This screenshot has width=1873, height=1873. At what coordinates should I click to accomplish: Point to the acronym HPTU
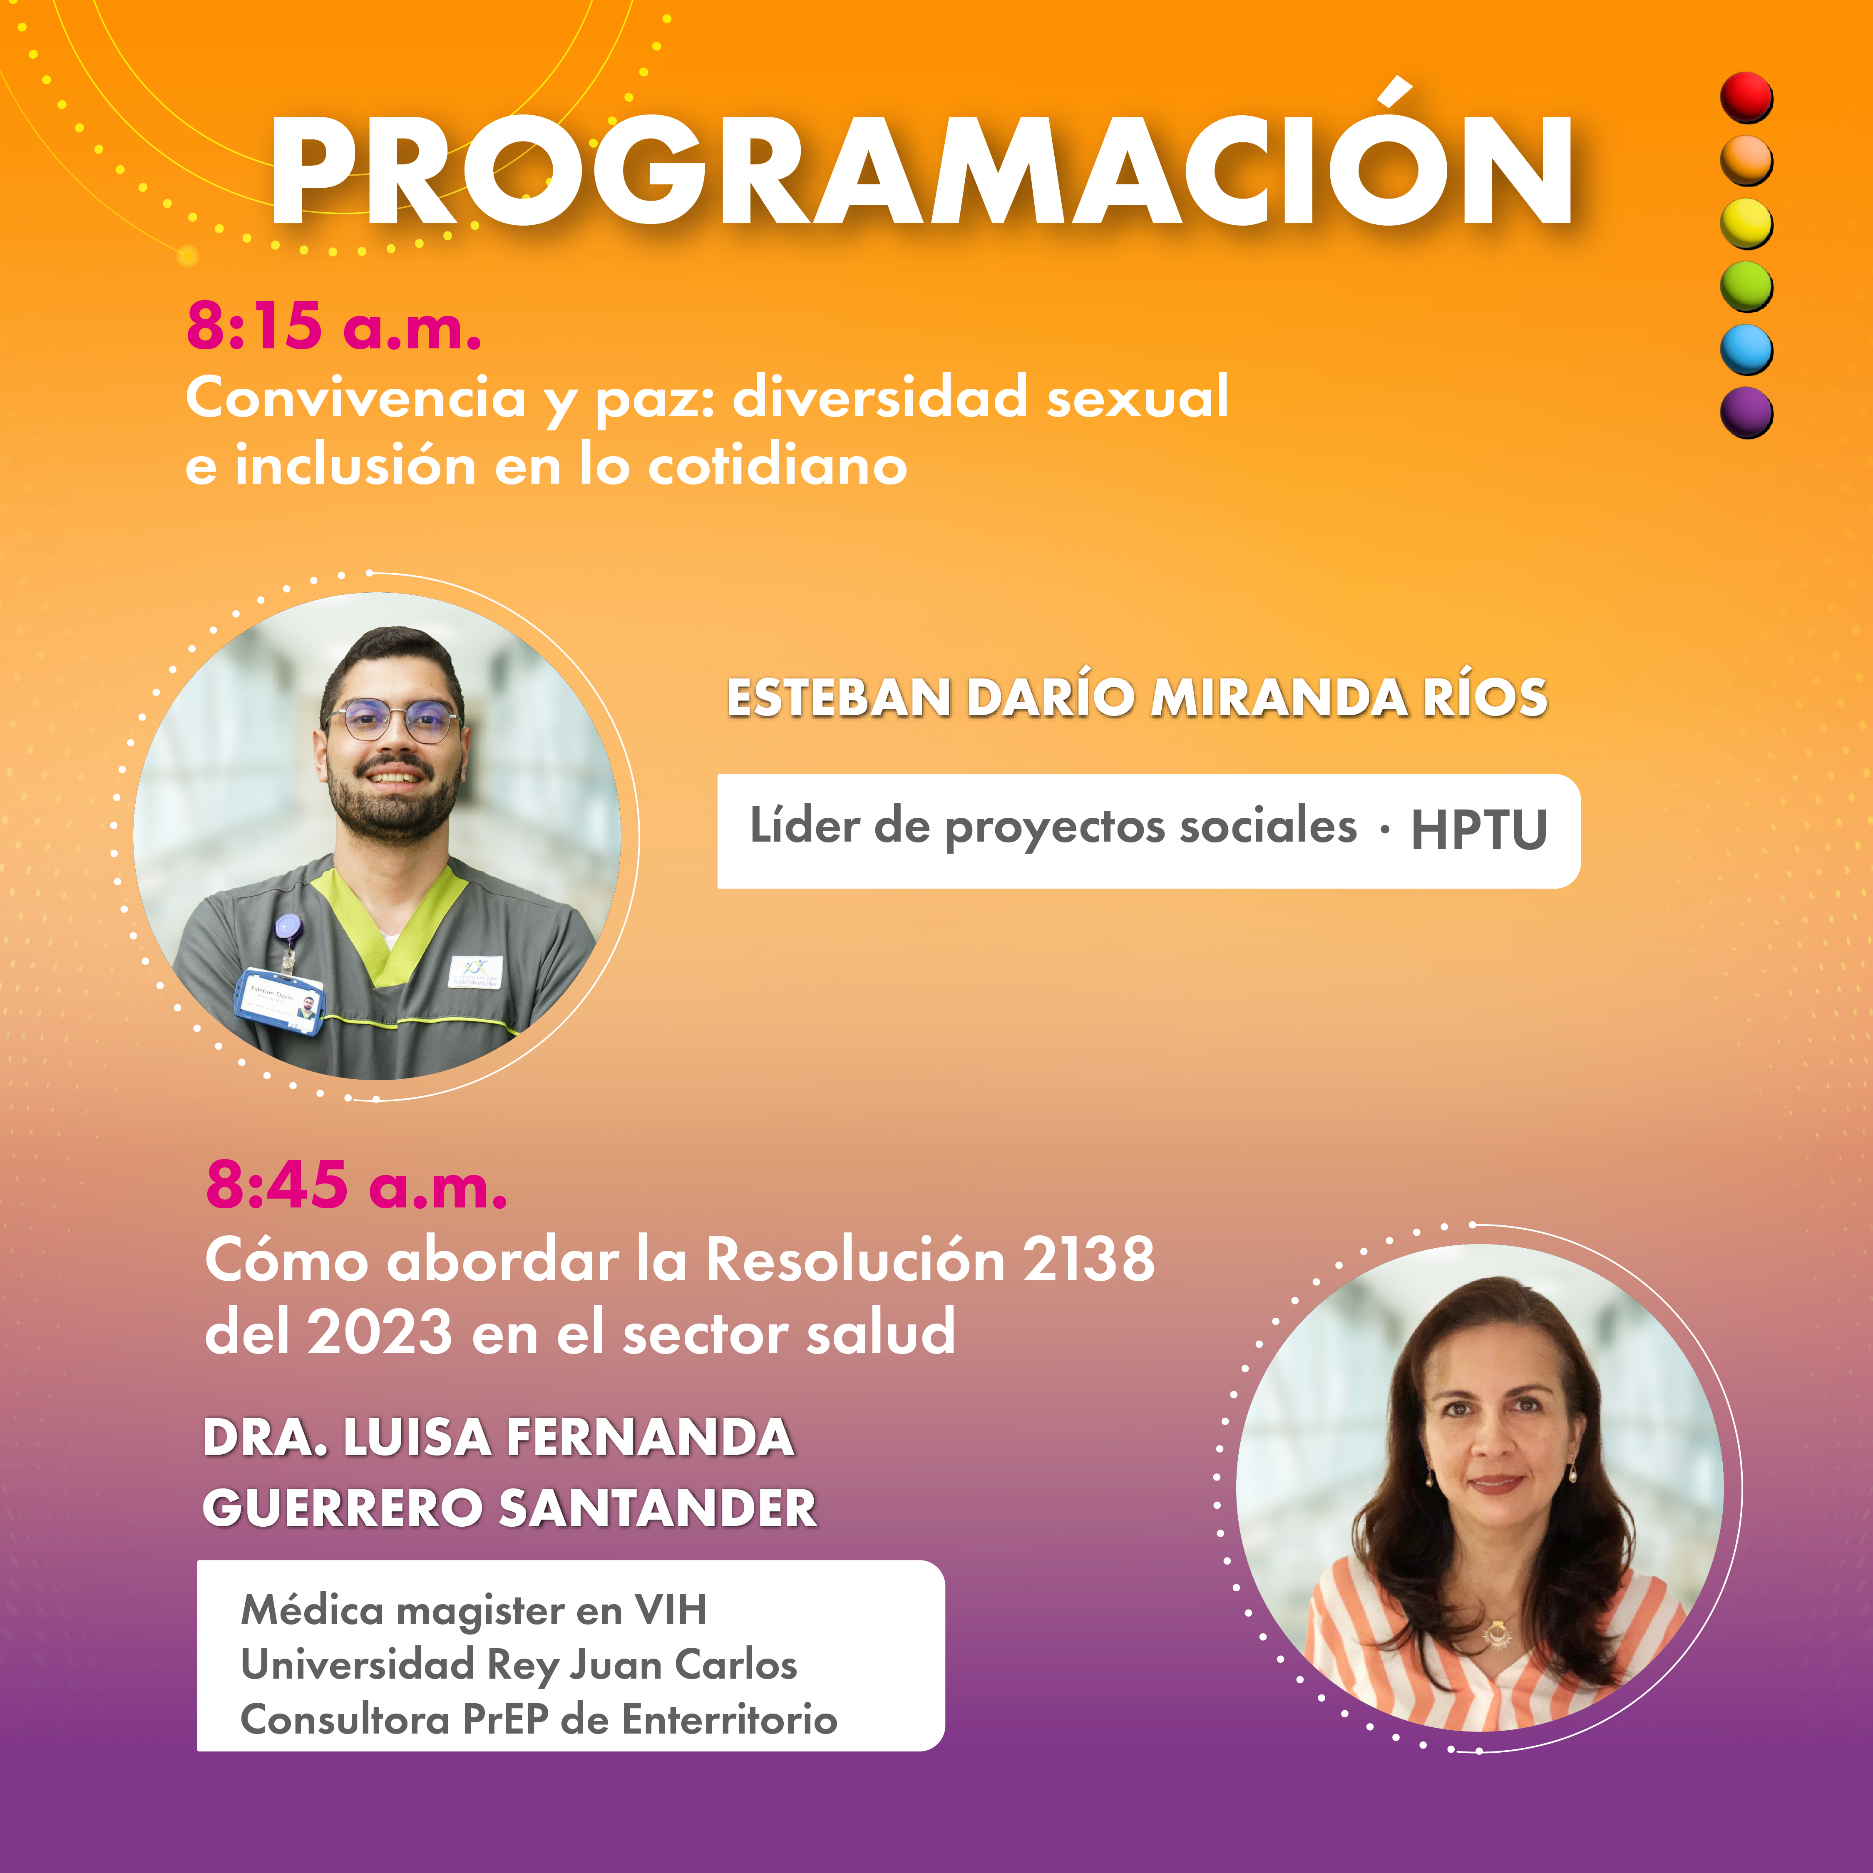coord(1478,830)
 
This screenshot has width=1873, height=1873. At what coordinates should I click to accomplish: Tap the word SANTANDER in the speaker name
coord(657,1508)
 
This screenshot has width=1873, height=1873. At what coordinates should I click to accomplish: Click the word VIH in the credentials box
coord(671,1610)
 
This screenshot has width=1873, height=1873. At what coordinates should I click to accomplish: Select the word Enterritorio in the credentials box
coord(729,1720)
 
